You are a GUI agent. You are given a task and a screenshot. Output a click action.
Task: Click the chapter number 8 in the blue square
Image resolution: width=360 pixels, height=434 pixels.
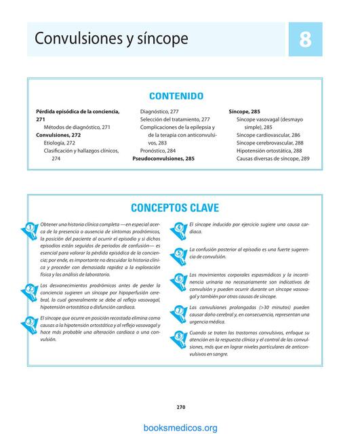coord(305,39)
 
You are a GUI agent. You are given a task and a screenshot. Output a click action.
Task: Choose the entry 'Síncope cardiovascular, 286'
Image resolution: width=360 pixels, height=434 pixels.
coord(268,135)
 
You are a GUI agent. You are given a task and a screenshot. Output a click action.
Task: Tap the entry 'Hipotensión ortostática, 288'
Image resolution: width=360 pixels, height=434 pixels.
coord(269,151)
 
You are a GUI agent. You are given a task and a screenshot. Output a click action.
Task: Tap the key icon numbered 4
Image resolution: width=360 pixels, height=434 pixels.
coord(179,228)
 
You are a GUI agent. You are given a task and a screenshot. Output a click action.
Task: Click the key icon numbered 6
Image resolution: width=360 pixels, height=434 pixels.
coord(179,278)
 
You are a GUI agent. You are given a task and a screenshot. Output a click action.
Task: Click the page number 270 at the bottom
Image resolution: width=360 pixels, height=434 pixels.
coord(180,407)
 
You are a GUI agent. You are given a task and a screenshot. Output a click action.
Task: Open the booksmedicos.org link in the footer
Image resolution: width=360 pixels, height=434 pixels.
coord(180,427)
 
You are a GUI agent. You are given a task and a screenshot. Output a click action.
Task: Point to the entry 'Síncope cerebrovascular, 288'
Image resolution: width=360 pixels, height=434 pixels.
coord(270,143)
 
